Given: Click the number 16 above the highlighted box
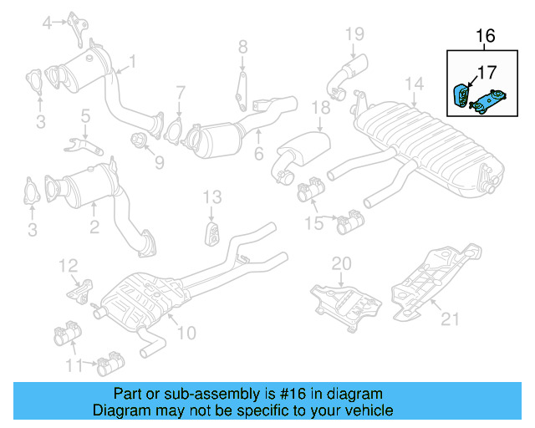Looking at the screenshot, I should [486, 36].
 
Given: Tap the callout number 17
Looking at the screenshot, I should [486, 72].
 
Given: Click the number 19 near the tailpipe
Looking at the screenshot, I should [355, 33].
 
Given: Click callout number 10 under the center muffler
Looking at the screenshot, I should [186, 333].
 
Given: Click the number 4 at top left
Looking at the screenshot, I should [47, 23].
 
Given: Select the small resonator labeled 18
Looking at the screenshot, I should [302, 150].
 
